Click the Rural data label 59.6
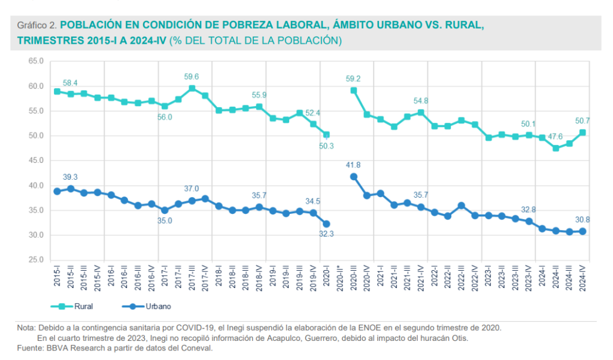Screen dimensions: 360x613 point(192,77)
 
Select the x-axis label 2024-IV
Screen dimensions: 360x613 point(582,278)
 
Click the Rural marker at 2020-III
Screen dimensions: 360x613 point(354,90)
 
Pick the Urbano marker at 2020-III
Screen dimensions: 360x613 point(354,177)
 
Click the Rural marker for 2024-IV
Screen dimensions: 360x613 point(582,132)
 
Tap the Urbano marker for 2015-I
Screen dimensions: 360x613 point(57,191)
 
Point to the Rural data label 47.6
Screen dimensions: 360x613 point(556,136)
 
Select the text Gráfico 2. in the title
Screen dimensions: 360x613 point(37,26)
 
